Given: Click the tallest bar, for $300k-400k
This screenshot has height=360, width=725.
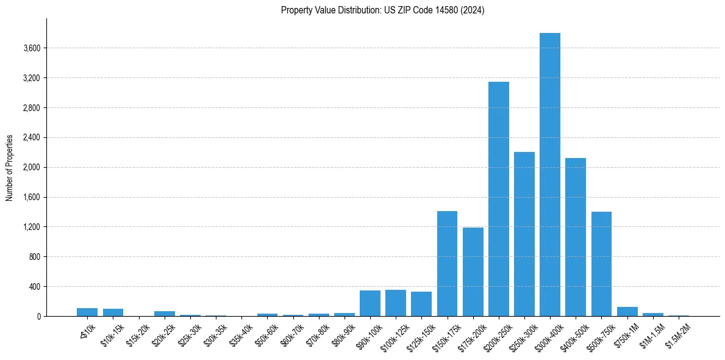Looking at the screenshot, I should pyautogui.click(x=549, y=175).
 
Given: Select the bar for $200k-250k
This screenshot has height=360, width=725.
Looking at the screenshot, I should pyautogui.click(x=498, y=199).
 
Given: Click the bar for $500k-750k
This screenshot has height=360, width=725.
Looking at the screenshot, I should pyautogui.click(x=601, y=264).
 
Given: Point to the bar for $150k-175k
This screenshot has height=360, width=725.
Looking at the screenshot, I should pyautogui.click(x=447, y=264).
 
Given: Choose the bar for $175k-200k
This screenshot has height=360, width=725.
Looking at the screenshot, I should pyautogui.click(x=473, y=272).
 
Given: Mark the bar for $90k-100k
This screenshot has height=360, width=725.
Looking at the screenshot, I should pyautogui.click(x=370, y=303).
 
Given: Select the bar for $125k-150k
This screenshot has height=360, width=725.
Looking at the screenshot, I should pyautogui.click(x=421, y=304).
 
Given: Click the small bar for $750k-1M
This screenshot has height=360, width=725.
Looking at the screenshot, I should pyautogui.click(x=627, y=312).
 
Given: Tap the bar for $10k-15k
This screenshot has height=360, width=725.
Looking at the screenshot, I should pyautogui.click(x=113, y=312).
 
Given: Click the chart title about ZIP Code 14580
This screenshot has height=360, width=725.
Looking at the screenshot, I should pyautogui.click(x=382, y=10).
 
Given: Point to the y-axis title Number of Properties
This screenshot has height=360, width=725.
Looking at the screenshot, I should pyautogui.click(x=10, y=167).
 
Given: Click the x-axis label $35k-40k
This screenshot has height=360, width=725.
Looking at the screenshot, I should pyautogui.click(x=241, y=335).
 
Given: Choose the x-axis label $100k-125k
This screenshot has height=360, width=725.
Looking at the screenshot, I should pyautogui.click(x=394, y=336).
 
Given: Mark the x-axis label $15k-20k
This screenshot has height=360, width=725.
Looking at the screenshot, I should pyautogui.click(x=138, y=335).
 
